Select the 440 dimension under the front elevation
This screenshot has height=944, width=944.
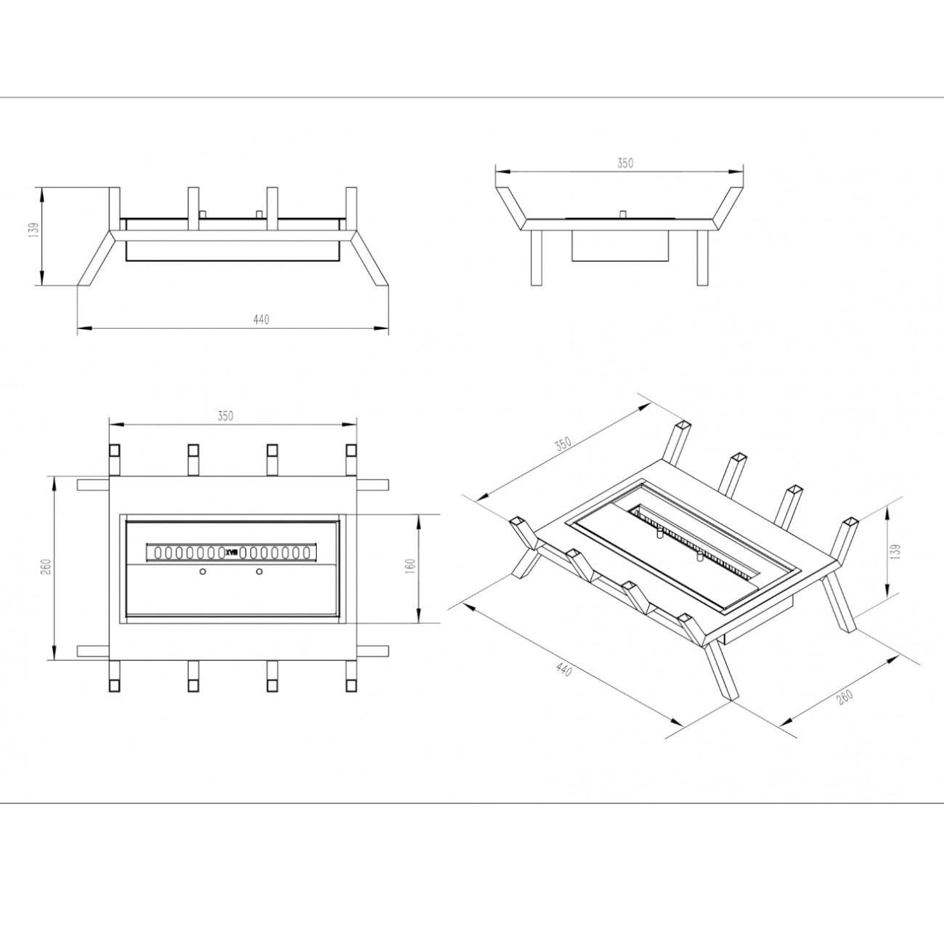pos(261,320)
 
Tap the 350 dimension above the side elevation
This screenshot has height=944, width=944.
pos(625,163)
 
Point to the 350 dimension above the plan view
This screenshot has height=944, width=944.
pos(225,416)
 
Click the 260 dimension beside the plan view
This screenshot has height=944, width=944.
pos(47,567)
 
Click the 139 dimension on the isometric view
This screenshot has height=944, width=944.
pos(896,551)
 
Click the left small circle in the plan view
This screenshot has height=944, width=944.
pos(203,571)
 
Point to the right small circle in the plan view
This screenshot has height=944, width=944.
pos(259,571)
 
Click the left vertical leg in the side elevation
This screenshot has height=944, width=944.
pos(537,258)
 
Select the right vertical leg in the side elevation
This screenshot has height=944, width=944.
pos(702,258)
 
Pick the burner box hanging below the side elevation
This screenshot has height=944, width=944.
pos(619,245)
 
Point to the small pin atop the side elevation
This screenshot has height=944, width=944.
pos(623,214)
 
